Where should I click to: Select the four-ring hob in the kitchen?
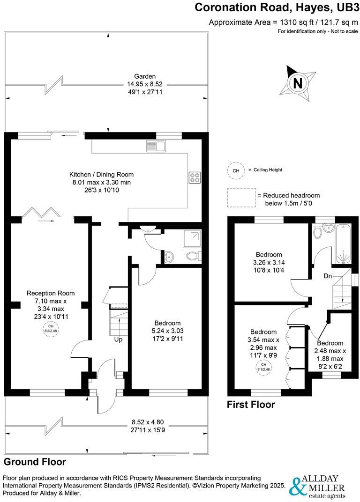pyautogui.click(x=195, y=177)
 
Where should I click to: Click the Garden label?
pyautogui.click(x=145, y=76)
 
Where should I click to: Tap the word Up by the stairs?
pyautogui.click(x=118, y=339)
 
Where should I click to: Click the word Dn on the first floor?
pyautogui.click(x=328, y=276)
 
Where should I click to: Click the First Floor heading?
pyautogui.click(x=251, y=404)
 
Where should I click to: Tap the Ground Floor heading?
pyautogui.click(x=35, y=462)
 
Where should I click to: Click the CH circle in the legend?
pyautogui.click(x=235, y=170)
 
